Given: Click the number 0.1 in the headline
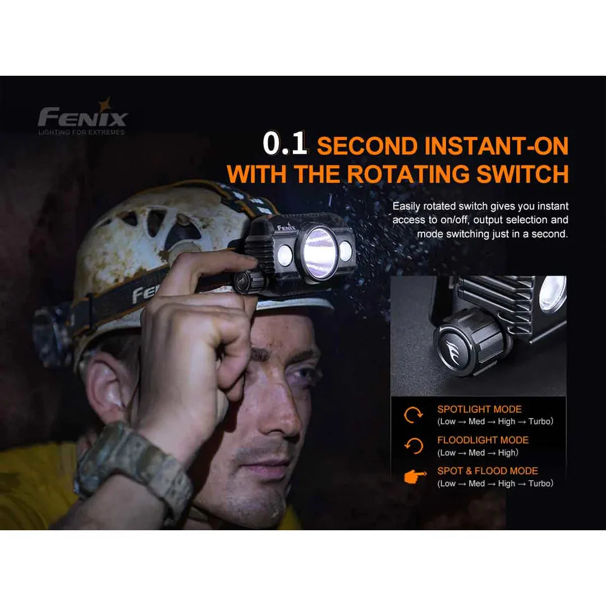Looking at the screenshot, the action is point(285,144).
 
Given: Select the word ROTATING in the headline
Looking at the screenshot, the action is point(408,174).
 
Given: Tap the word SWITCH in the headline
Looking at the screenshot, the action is point(522,174).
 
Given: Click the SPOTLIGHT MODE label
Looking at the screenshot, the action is point(479,409).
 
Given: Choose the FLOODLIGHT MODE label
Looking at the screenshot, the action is point(483,440).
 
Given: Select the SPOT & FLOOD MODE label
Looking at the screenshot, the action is point(488,471).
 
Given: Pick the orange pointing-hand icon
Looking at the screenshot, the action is point(415,477).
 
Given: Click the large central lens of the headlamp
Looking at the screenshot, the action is point(319,252).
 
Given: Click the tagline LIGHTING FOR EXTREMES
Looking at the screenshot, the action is point(81,132).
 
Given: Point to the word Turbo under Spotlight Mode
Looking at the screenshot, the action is point(541,421).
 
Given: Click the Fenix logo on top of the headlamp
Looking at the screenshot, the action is point(286,227).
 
